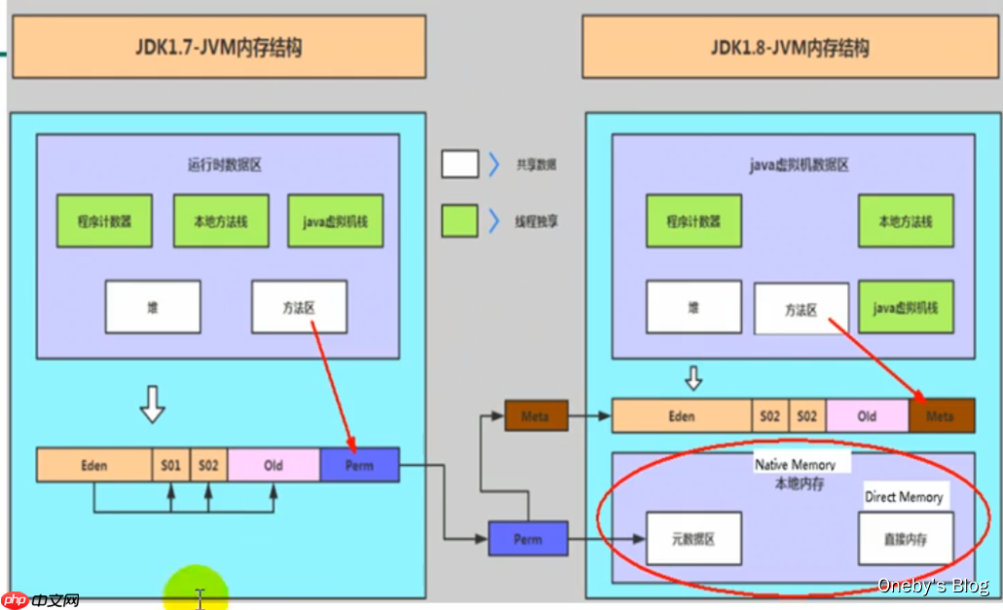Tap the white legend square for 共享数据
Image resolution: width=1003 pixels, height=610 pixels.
460,164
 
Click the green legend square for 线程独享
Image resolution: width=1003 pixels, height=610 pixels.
460,220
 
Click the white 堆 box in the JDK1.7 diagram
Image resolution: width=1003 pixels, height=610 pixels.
153,307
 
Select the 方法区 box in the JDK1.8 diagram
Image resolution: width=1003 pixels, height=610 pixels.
801,310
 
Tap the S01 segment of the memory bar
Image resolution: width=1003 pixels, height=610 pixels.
171,465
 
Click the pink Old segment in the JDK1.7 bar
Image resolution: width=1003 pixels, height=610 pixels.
274,465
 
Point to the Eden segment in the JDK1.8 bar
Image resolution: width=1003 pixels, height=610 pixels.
682,416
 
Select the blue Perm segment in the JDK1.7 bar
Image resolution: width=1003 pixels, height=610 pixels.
359,465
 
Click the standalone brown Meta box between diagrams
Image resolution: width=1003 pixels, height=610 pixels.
535,416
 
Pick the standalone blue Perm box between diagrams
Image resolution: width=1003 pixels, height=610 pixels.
528,539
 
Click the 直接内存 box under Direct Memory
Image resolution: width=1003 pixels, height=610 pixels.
906,539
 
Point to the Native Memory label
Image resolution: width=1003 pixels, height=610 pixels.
795,465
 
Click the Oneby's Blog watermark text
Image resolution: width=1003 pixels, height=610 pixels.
933,586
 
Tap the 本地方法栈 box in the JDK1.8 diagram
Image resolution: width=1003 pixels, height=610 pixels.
906,221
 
